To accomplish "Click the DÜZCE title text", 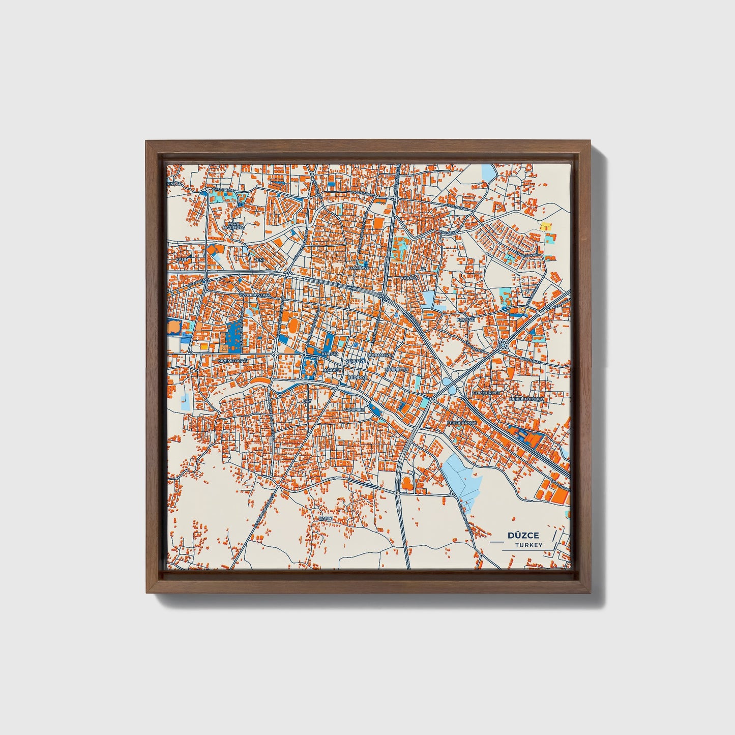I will [x=523, y=535].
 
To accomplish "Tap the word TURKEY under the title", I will [x=528, y=545].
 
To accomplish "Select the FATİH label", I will [x=182, y=259].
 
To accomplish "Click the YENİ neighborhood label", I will [x=259, y=259].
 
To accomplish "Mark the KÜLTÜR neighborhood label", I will [x=330, y=353].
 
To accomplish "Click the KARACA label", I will [x=408, y=279].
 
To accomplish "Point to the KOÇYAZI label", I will [x=465, y=319].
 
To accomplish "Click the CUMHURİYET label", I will [x=487, y=393].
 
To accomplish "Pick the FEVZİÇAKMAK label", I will [x=462, y=422].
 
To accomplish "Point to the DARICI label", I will [x=325, y=518].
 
